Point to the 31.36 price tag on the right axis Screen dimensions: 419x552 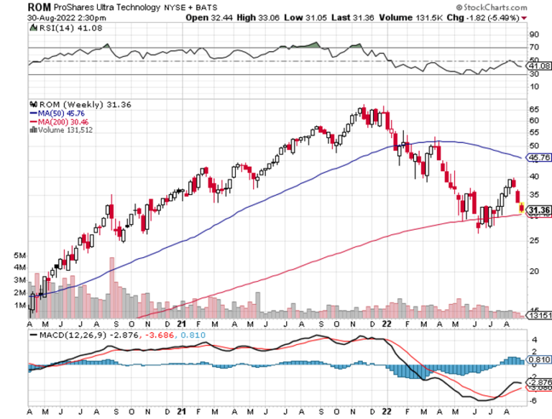[538, 210]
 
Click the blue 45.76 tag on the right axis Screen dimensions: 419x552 [538, 157]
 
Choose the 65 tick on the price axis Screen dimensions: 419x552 [533, 109]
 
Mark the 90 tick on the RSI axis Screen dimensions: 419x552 [534, 34]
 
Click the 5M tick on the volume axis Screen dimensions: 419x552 [19, 255]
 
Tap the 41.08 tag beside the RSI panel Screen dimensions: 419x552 [539, 65]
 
